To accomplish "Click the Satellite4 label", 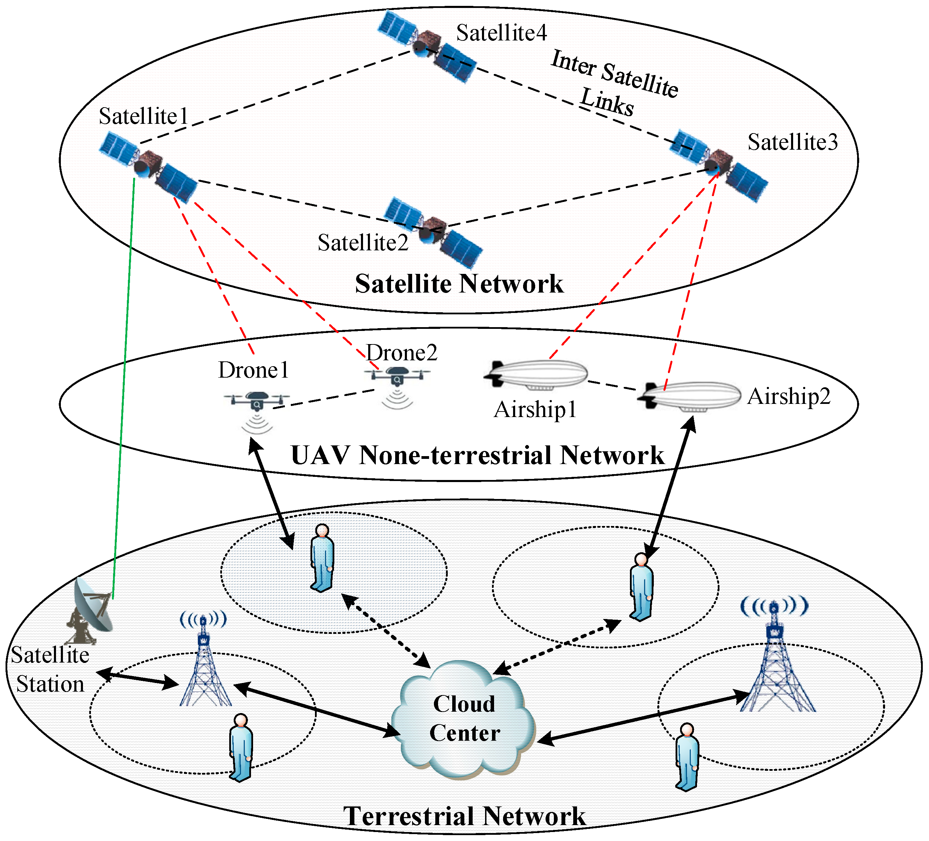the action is point(501,33).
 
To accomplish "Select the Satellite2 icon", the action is point(433,232).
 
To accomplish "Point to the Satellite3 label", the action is point(792,142).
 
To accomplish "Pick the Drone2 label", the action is point(401,353).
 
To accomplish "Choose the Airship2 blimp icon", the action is point(689,395).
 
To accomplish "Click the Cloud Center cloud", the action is point(463,720).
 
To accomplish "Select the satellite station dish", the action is point(90,611).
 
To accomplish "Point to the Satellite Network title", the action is point(459,284).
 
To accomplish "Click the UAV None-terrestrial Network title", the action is point(477,455).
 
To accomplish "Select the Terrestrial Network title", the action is point(465,816).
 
